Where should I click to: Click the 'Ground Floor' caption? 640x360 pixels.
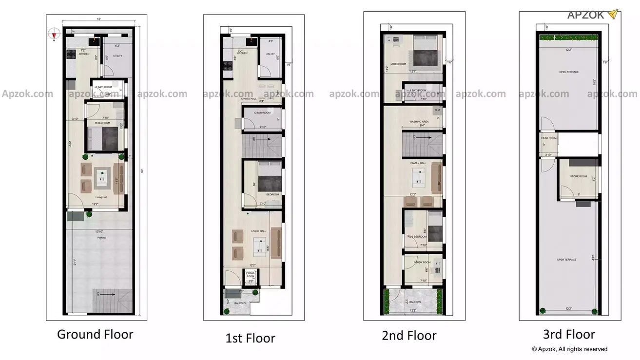95,334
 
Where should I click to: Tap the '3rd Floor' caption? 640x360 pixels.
569,334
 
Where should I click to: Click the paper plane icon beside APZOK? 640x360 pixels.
613,14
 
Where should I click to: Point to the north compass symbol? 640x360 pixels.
55,34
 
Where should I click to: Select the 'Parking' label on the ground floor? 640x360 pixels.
101,238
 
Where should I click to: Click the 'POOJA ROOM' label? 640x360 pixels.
251,274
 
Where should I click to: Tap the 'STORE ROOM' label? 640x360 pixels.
579,176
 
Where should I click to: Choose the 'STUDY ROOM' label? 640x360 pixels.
422,263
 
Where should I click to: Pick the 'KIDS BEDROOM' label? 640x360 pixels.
417,237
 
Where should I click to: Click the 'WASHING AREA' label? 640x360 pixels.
419,122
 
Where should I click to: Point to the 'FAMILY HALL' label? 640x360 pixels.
418,163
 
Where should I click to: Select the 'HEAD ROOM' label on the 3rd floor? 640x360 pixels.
548,138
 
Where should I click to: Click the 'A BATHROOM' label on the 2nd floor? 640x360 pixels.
418,91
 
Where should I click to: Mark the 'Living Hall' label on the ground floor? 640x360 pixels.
101,197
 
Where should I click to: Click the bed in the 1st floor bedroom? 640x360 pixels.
269,179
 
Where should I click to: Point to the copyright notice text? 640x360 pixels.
569,349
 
